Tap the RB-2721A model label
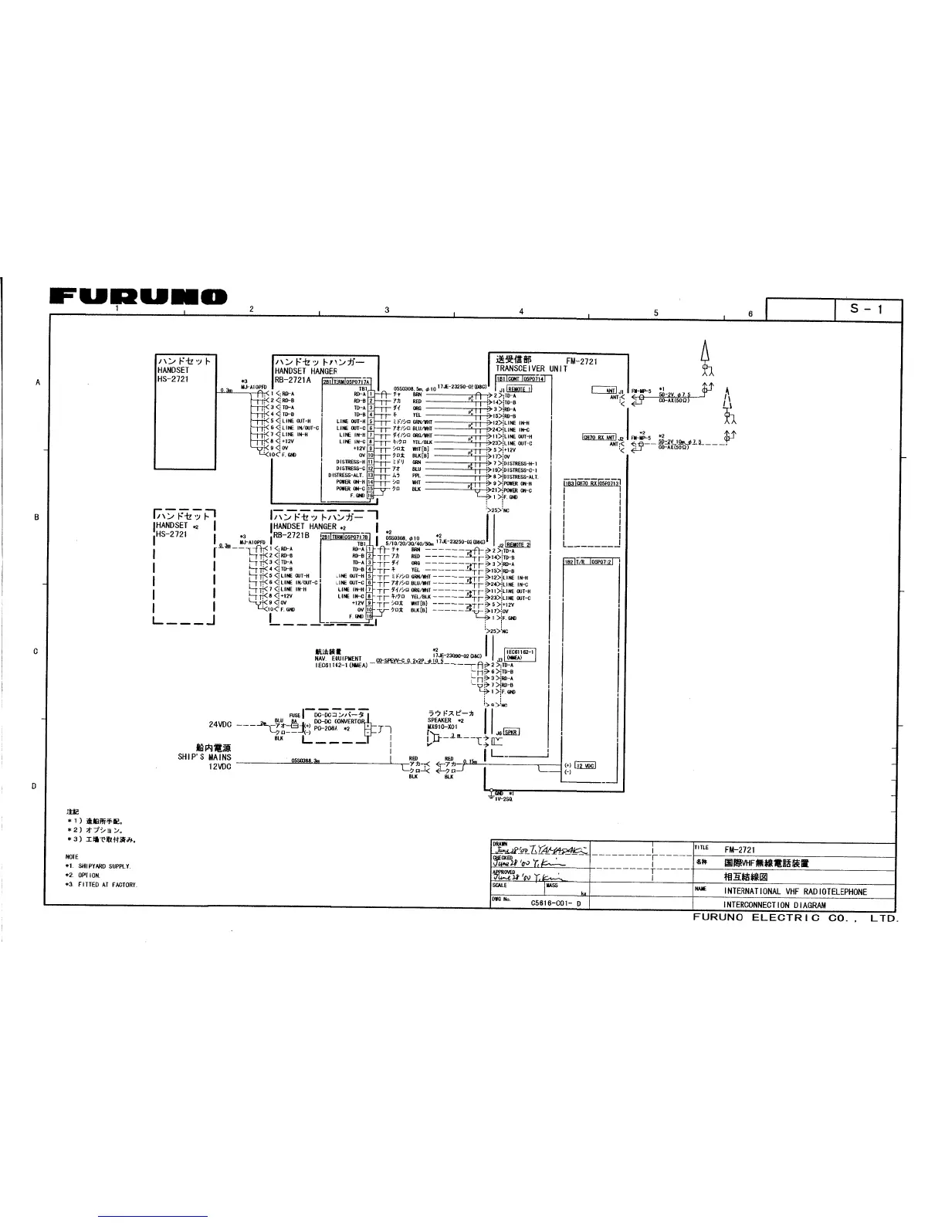pos(292,379)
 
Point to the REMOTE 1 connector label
pos(519,389)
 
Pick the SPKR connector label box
pos(511,733)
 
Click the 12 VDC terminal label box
pos(584,765)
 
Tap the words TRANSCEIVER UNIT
pos(531,368)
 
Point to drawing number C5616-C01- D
pos(556,903)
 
